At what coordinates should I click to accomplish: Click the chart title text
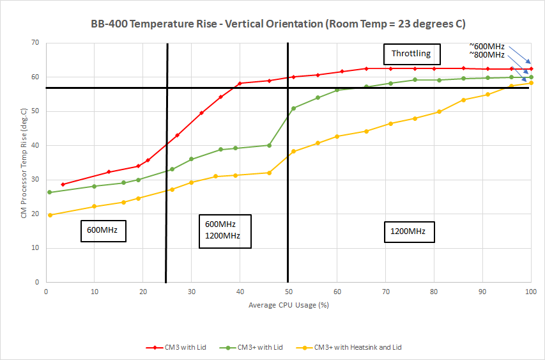coord(277,24)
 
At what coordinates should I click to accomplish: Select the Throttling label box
coord(411,54)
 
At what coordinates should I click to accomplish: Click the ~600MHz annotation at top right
coord(487,46)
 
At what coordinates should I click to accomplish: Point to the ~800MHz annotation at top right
coord(487,54)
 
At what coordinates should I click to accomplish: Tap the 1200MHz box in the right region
coord(409,231)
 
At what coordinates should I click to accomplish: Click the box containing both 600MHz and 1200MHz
coord(224,230)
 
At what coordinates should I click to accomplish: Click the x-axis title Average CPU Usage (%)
coord(288,305)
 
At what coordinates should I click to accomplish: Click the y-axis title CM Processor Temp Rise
coord(24,162)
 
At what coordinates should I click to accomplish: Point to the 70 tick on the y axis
coord(35,43)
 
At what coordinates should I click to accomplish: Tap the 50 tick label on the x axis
coord(288,291)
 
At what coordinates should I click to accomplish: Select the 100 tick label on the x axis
coord(530,291)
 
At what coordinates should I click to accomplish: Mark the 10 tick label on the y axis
coord(35,248)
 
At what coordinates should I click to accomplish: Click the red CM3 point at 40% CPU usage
coord(240,83)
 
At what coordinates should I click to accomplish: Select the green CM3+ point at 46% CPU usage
coord(269,145)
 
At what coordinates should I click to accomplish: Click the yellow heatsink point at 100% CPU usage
coord(531,82)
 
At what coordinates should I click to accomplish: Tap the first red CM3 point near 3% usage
coord(63,184)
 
